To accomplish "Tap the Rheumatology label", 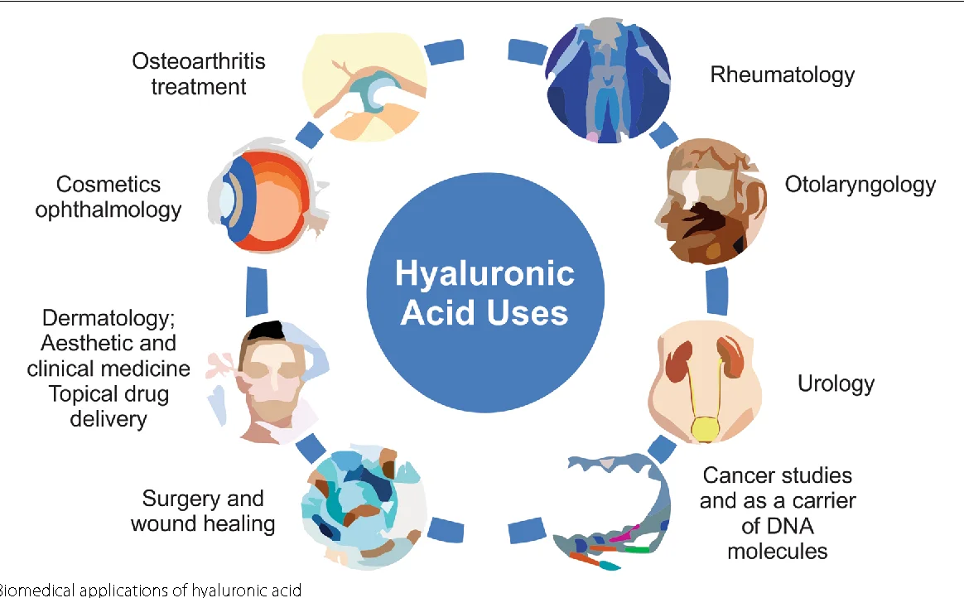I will click(x=782, y=75).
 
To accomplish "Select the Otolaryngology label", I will click(x=860, y=184).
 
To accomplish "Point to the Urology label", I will click(x=836, y=383).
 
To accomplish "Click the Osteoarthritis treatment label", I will click(x=199, y=74).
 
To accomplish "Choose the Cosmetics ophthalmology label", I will click(x=108, y=196).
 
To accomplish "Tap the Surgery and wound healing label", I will click(x=203, y=510).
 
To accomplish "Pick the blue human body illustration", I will click(x=607, y=83).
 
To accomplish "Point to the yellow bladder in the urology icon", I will click(x=705, y=428).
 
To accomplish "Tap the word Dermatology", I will click(x=108, y=318).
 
